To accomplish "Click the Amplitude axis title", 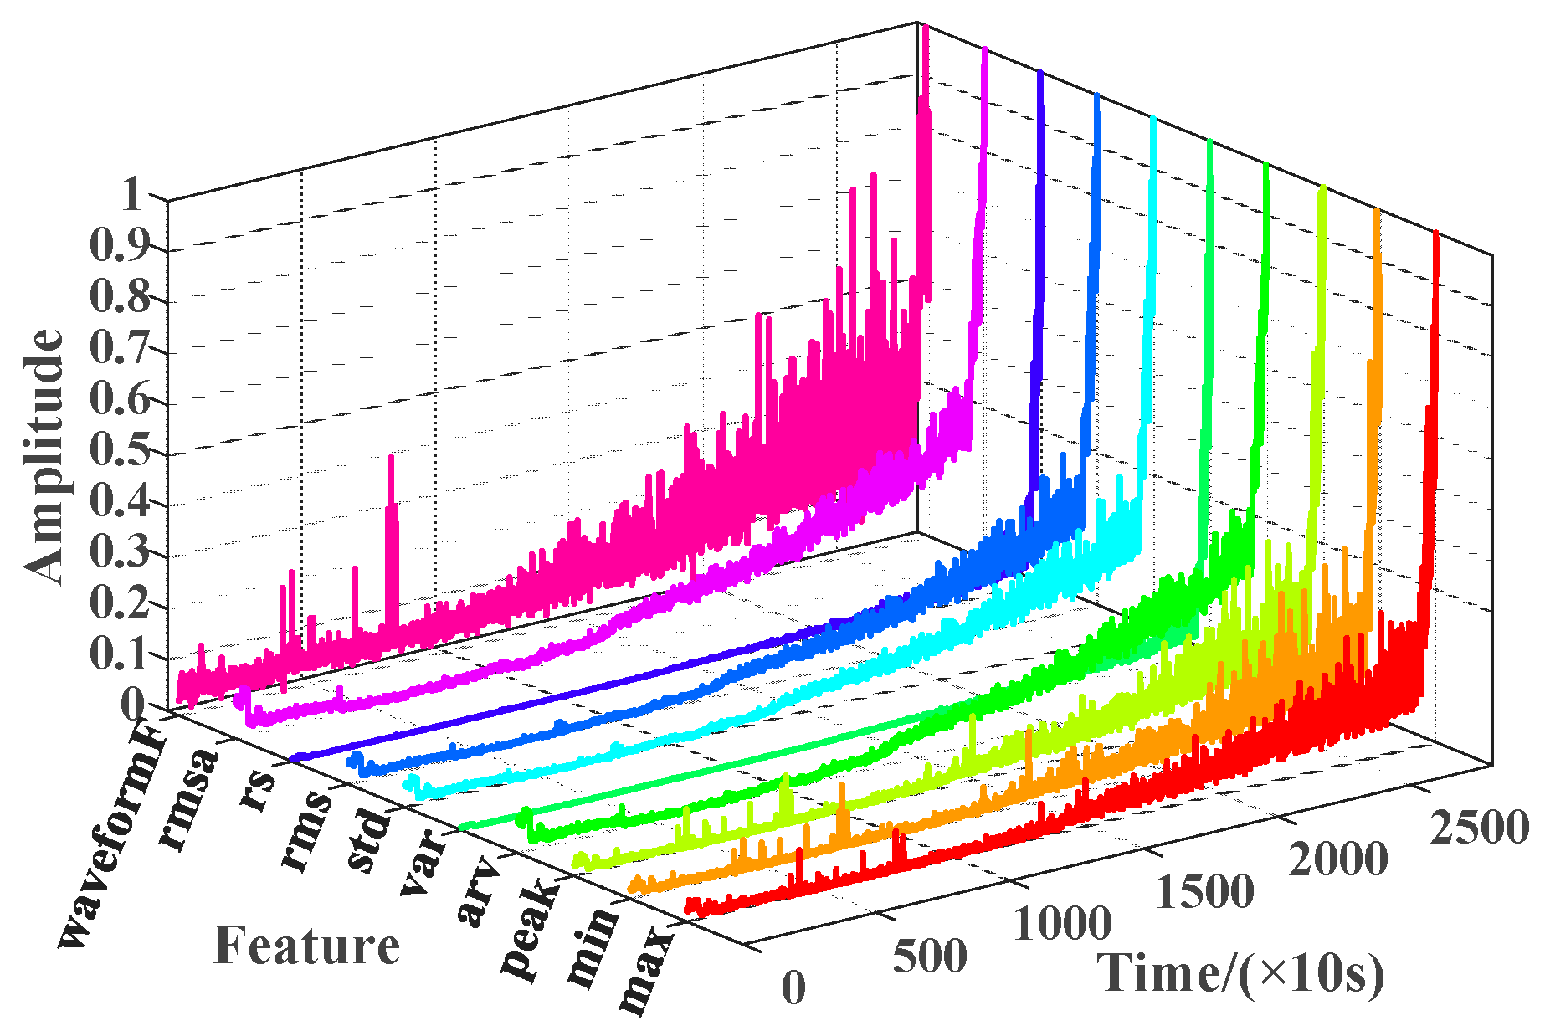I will (44, 456).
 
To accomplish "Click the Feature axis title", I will (307, 946).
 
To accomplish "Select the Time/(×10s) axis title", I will (1240, 973).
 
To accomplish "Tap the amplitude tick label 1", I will (133, 196).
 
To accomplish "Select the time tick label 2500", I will (1478, 828).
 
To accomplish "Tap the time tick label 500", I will (929, 956).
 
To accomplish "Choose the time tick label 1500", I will (1204, 892).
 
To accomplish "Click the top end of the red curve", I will (1435, 234).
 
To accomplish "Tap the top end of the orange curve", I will (1377, 210).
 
